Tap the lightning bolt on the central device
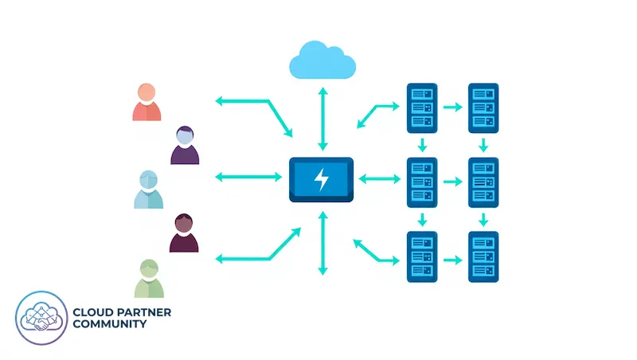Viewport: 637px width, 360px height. point(322,179)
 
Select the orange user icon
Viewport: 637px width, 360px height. point(147,102)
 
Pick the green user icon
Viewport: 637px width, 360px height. point(149,279)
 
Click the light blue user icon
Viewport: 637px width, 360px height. point(149,190)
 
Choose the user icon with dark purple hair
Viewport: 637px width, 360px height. point(185,146)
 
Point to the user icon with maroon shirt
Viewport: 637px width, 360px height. point(184,233)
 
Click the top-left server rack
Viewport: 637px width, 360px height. point(422,107)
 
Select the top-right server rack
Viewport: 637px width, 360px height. point(483,107)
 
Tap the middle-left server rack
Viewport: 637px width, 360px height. point(422,182)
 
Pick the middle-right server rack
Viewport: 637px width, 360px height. point(483,182)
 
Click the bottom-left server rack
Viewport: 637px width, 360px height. point(422,256)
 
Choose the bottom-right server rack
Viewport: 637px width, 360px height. point(483,256)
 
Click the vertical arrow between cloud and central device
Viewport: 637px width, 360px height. point(322,119)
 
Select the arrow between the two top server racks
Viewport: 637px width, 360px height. point(453,107)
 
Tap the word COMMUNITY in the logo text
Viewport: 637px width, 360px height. point(109,324)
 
